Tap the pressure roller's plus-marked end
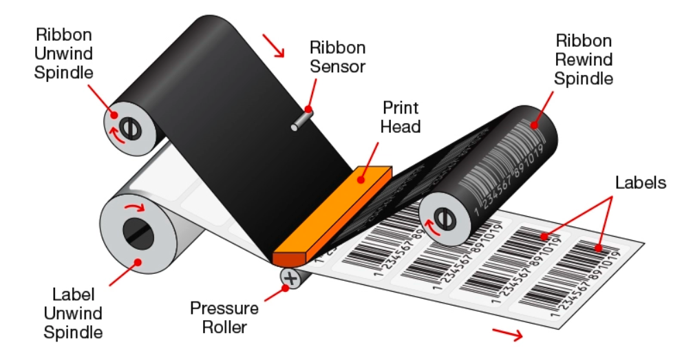point(289,278)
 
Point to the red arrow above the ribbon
point(274,47)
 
